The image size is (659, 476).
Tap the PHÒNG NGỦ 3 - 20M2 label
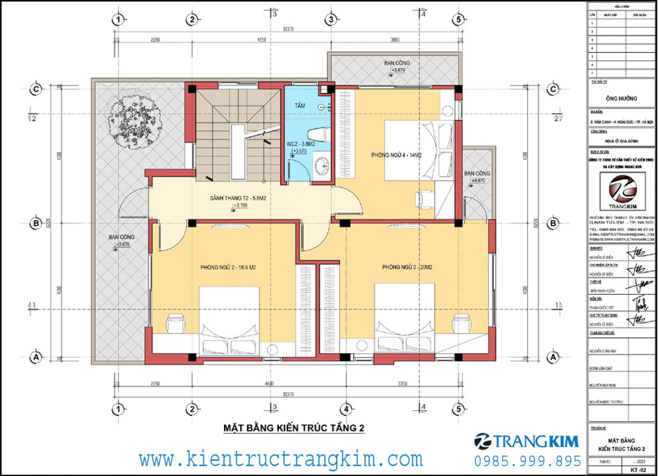tap(407, 267)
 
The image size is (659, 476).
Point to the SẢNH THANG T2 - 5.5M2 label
tap(239, 198)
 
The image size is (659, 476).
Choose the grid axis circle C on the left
tap(33, 89)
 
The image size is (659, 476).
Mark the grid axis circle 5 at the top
tap(459, 19)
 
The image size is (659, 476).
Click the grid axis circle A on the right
tap(553, 357)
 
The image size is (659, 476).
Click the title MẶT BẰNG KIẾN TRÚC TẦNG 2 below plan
tap(293, 429)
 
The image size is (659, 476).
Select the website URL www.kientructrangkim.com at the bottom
tap(281, 459)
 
